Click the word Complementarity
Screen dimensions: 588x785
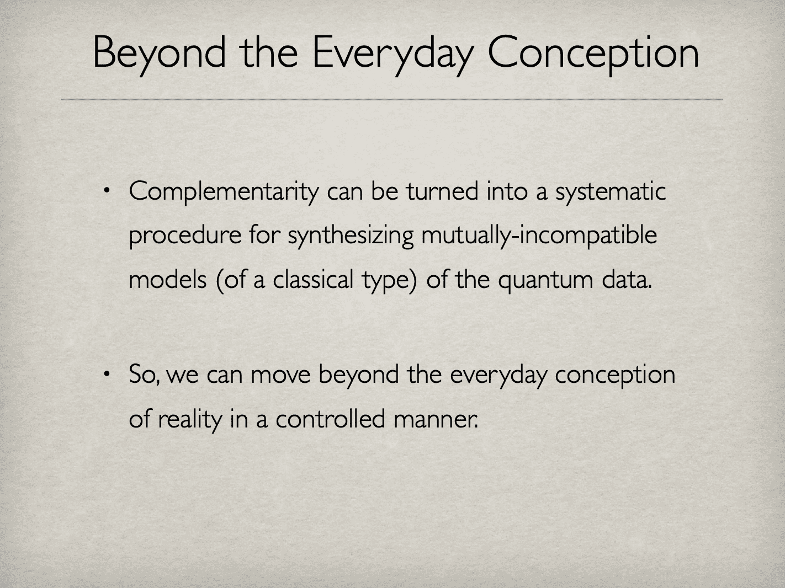224,193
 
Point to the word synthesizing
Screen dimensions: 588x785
351,236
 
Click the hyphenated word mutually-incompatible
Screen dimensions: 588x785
539,236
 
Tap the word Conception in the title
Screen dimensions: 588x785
593,53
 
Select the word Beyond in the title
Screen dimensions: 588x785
160,53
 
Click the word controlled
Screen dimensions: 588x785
330,419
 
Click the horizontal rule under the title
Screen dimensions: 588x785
392,99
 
